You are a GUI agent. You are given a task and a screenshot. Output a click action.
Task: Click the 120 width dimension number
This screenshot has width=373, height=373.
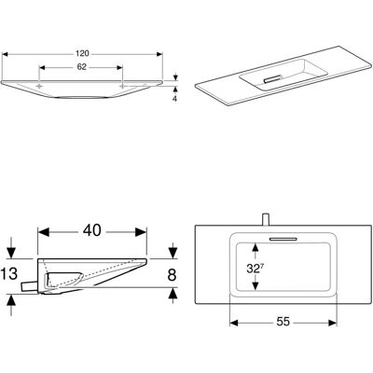point(82,53)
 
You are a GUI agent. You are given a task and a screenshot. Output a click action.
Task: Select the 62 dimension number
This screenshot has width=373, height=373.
point(81,67)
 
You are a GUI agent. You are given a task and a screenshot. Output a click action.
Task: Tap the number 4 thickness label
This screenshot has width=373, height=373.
point(174,99)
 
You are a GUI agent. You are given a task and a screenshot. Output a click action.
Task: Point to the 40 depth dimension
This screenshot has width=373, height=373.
point(92,230)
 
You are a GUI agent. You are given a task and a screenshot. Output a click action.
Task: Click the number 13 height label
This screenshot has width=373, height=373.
point(9,274)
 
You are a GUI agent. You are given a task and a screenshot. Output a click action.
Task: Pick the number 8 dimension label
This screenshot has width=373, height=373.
point(172,275)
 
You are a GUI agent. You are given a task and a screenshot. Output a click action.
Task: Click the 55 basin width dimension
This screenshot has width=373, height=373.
point(283,322)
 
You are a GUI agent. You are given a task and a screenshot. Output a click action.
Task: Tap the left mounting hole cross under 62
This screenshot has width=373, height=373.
point(39,86)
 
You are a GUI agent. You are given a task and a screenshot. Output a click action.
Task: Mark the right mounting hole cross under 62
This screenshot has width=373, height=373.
point(123,86)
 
